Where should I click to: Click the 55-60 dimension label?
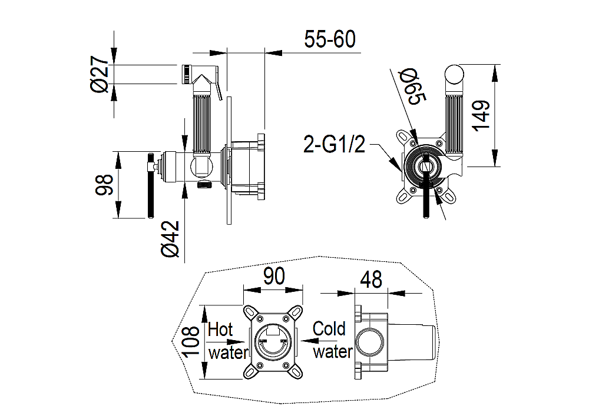pyautogui.click(x=330, y=39)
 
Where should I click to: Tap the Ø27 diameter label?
pyautogui.click(x=100, y=74)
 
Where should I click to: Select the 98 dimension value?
pyautogui.click(x=104, y=185)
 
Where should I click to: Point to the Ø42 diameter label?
pyautogui.click(x=170, y=239)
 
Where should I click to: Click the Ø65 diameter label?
pyautogui.click(x=412, y=86)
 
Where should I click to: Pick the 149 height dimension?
pyautogui.click(x=481, y=115)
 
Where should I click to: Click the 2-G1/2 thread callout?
pyautogui.click(x=334, y=144)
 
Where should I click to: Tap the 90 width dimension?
pyautogui.click(x=274, y=277)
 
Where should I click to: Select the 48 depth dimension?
pyautogui.click(x=371, y=279)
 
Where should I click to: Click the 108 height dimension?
pyautogui.click(x=190, y=342)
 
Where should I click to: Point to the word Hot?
pyautogui.click(x=220, y=330)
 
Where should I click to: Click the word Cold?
pyautogui.click(x=329, y=329)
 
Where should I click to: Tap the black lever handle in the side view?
pyautogui.click(x=151, y=185)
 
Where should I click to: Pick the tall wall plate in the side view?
pyautogui.click(x=229, y=161)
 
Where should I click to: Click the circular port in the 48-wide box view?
pyautogui.click(x=370, y=342)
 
